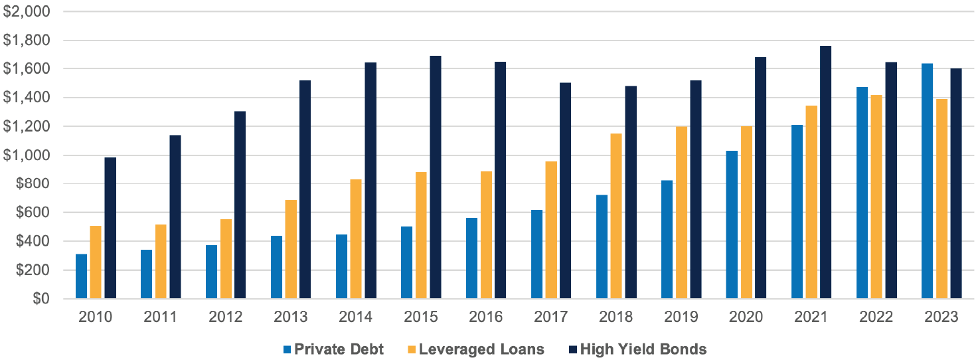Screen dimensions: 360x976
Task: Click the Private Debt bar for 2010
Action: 81,276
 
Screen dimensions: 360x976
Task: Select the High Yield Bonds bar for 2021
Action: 825,173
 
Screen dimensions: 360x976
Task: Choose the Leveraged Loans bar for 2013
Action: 290,249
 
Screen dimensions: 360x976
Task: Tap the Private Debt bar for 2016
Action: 471,258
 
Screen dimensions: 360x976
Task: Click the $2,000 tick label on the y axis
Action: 26,11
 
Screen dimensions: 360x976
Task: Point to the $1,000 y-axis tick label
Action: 26,155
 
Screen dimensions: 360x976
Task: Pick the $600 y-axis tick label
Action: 31,213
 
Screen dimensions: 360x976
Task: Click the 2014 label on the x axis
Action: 356,317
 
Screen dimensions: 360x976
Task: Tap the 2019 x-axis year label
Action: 681,317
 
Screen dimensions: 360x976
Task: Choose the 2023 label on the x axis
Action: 941,317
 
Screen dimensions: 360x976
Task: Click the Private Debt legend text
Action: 339,349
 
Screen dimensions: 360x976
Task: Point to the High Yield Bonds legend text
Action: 643,349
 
